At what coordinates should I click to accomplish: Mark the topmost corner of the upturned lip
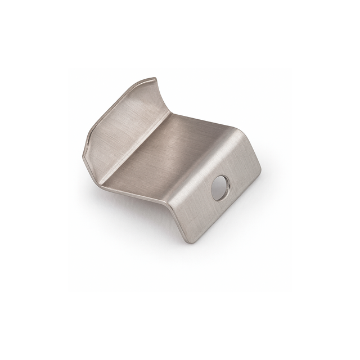pyautogui.click(x=154, y=77)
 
